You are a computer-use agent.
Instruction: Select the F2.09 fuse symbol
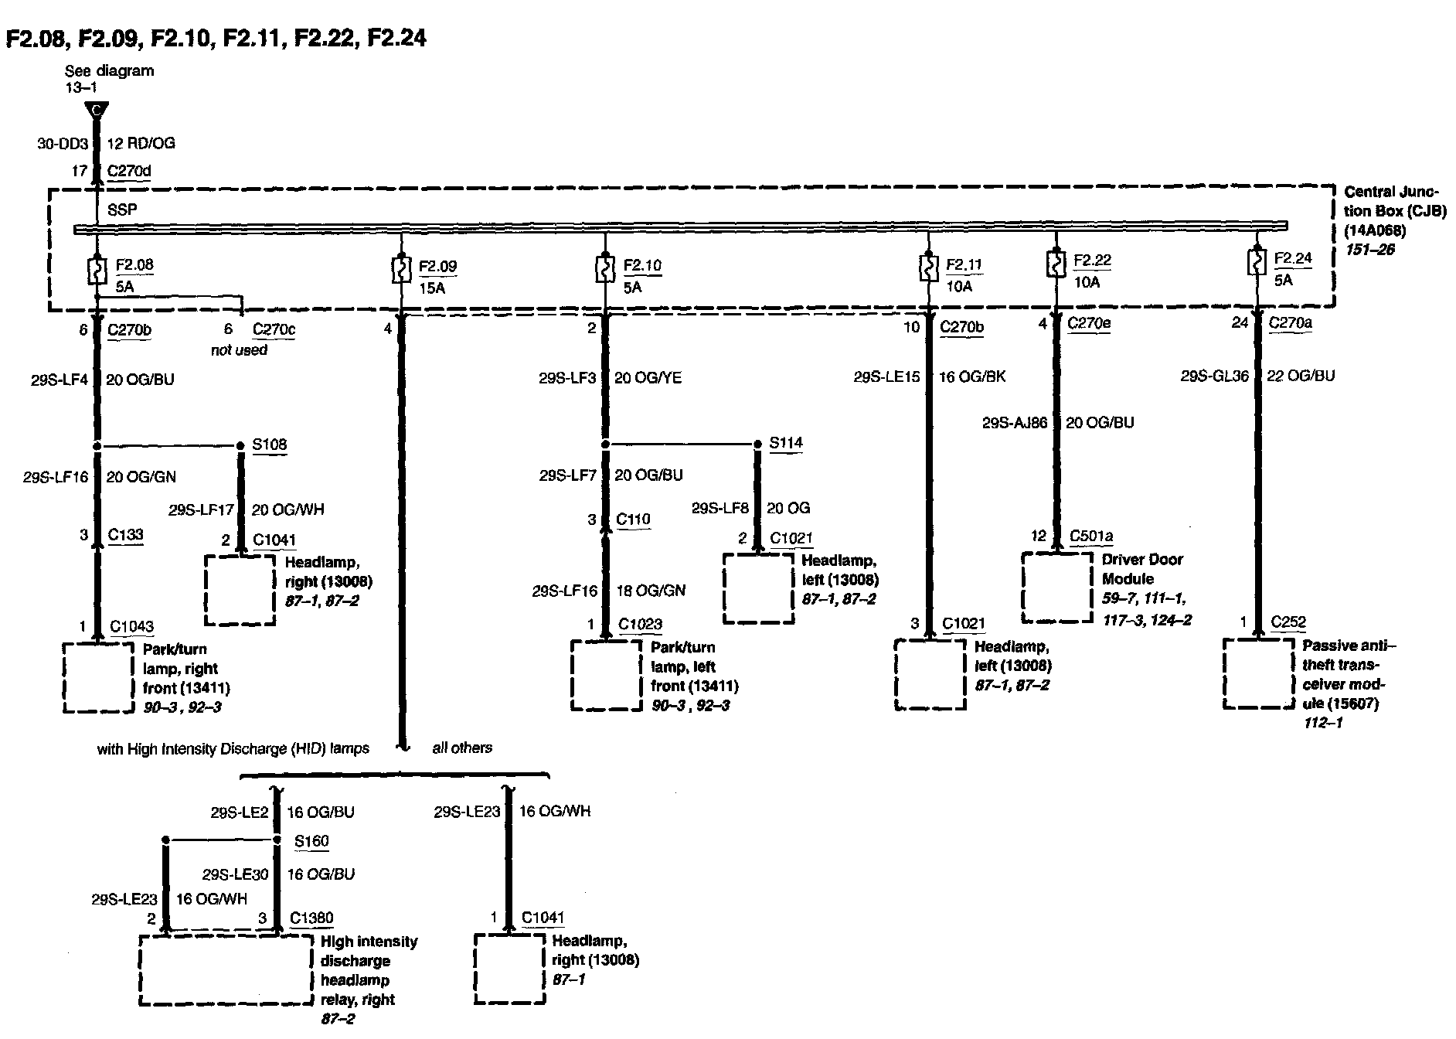click(400, 271)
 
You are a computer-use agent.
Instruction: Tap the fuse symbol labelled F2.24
click(1257, 263)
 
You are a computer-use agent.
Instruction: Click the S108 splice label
click(270, 445)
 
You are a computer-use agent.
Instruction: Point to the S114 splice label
click(786, 443)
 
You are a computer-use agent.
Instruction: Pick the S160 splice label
click(311, 841)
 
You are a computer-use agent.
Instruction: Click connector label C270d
click(129, 171)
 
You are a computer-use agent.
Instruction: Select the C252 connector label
click(1288, 622)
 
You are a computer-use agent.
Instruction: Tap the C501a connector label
click(1090, 536)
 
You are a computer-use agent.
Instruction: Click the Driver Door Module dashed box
click(1057, 587)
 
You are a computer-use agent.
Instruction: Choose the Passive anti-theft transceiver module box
click(1258, 673)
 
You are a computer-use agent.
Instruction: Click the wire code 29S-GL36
click(1214, 376)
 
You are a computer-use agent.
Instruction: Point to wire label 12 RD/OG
click(140, 143)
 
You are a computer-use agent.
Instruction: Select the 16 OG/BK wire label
click(972, 376)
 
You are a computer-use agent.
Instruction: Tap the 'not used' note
click(239, 350)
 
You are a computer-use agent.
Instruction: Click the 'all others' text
click(462, 748)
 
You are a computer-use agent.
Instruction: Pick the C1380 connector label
click(311, 918)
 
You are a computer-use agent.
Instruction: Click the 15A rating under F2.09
click(432, 288)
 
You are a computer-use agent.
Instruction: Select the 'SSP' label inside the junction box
click(122, 210)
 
